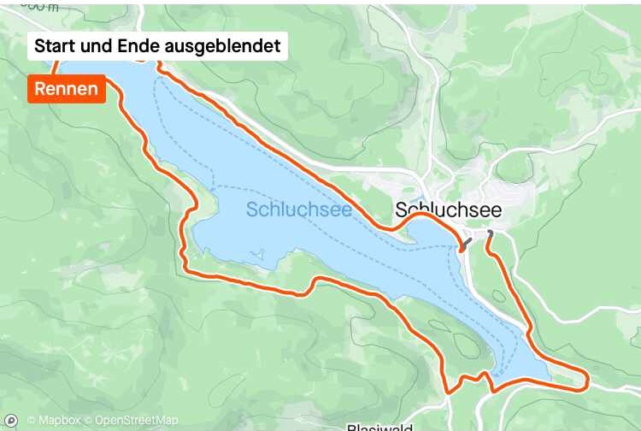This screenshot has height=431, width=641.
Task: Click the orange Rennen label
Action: [67, 89]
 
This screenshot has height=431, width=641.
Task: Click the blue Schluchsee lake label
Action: [298, 210]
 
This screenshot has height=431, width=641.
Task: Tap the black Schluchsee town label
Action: [448, 210]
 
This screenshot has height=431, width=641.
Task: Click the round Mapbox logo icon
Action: [11, 420]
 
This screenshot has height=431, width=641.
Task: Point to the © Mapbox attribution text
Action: [53, 420]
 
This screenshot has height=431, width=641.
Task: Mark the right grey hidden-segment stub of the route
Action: [489, 235]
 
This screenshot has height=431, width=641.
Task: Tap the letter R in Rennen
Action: [40, 89]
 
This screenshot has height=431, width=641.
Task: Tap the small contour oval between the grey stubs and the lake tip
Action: [500, 295]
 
